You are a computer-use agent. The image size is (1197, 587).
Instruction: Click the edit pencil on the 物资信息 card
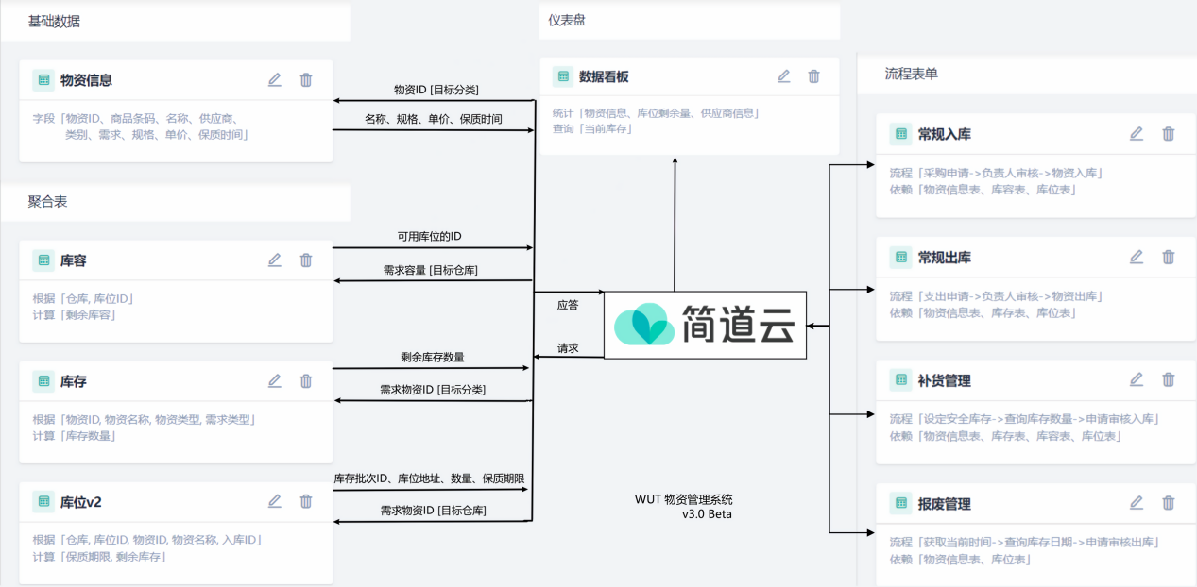[x=275, y=80]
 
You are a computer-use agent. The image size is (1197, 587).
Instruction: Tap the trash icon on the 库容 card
[x=306, y=260]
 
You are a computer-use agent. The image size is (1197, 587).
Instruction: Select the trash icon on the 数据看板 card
[x=814, y=76]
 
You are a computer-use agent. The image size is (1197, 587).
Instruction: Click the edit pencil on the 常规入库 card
[x=1137, y=134]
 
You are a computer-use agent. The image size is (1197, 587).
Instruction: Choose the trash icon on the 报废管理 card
[x=1169, y=504]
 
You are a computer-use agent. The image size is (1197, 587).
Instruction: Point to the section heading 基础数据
[x=55, y=21]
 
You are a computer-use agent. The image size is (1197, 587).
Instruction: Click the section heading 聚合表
[x=47, y=202]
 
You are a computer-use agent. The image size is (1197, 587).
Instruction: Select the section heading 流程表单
[x=911, y=74]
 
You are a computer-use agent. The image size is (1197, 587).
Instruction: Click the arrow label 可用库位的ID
[x=430, y=236]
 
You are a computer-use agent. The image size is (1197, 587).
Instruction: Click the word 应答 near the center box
[x=568, y=305]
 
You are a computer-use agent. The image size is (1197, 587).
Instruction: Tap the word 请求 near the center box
[x=568, y=348]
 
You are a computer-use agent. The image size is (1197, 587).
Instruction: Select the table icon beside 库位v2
[x=43, y=501]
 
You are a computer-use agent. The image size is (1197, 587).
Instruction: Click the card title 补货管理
[x=944, y=381]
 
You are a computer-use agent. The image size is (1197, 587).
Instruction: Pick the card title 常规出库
[x=944, y=258]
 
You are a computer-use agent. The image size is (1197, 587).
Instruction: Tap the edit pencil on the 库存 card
[x=275, y=381]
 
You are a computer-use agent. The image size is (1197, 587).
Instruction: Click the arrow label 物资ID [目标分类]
[x=436, y=90]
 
